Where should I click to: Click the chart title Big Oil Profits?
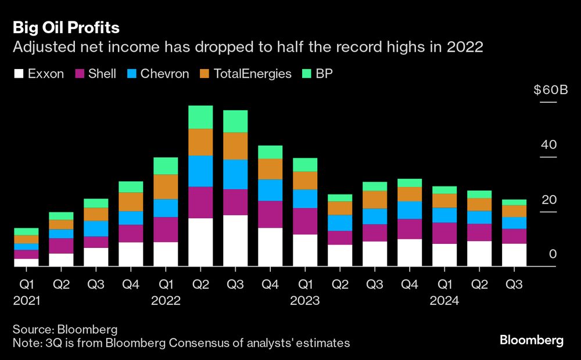click(x=66, y=28)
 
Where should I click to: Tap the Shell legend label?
click(x=102, y=74)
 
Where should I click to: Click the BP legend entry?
click(x=324, y=74)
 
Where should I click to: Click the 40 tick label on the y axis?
click(x=548, y=145)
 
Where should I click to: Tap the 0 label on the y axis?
click(x=553, y=255)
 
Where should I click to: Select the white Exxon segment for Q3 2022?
click(x=235, y=240)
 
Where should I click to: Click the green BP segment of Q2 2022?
click(x=200, y=117)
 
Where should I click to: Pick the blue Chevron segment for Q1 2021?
click(x=26, y=246)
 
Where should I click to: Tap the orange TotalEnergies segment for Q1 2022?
click(x=166, y=186)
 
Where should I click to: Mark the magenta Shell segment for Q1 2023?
click(x=305, y=221)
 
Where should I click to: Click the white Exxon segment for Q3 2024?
click(x=514, y=255)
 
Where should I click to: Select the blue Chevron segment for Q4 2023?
click(x=410, y=210)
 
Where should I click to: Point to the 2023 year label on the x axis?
click(x=305, y=301)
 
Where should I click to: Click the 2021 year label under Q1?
click(x=26, y=301)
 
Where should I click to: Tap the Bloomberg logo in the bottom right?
click(x=531, y=340)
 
